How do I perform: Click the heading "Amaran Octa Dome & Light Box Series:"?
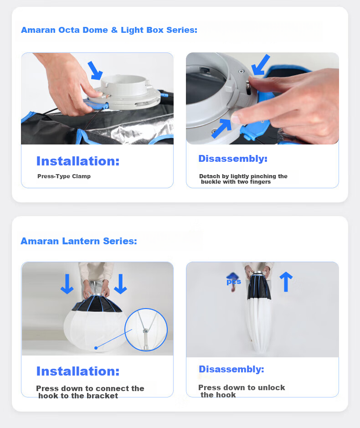click(x=109, y=30)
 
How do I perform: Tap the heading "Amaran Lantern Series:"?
click(x=79, y=241)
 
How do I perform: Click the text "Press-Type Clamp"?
click(x=64, y=176)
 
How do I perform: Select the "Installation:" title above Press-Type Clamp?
click(x=78, y=161)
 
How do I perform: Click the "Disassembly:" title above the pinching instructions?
click(x=233, y=159)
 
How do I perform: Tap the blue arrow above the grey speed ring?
click(x=95, y=71)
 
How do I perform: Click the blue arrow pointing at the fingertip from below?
click(x=221, y=128)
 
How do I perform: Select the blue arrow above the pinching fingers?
click(x=260, y=65)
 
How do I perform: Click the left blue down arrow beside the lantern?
click(x=67, y=284)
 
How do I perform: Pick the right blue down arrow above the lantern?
click(x=120, y=284)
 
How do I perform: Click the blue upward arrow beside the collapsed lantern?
click(x=286, y=282)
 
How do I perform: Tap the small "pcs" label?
click(x=234, y=282)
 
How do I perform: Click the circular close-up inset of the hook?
click(x=146, y=330)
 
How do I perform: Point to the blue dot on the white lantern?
click(x=96, y=348)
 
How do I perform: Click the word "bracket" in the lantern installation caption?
click(x=103, y=396)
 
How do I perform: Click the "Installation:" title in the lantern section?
click(x=78, y=371)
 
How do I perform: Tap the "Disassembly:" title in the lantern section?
click(x=231, y=369)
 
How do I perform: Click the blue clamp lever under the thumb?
click(x=96, y=104)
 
